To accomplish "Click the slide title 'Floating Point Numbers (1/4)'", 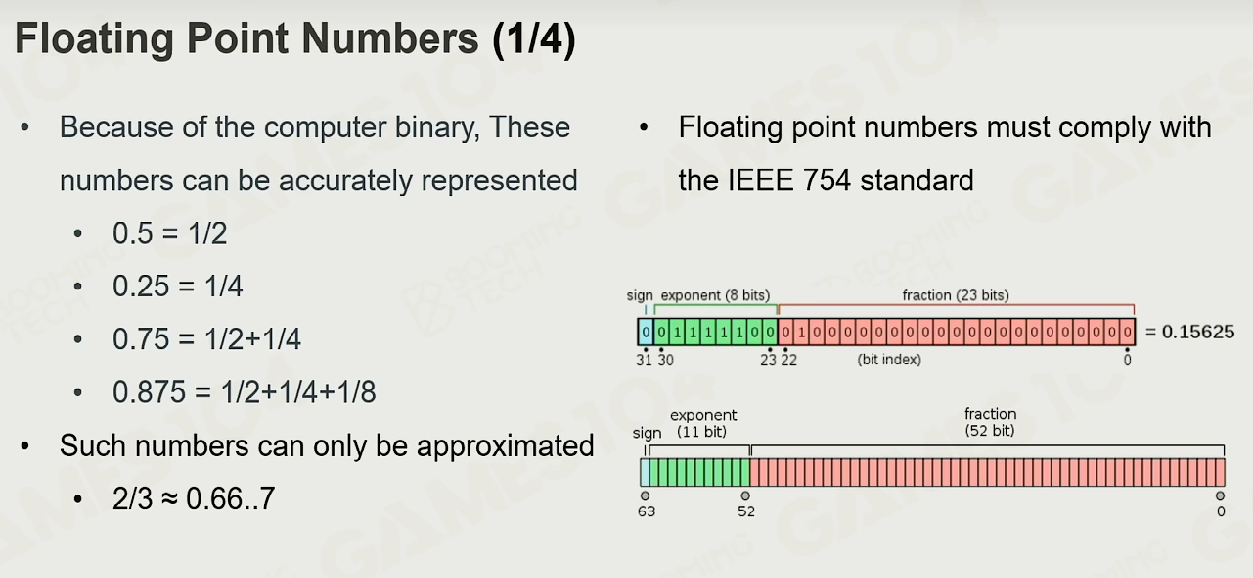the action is [x=295, y=38].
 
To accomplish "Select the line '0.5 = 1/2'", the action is [x=169, y=233].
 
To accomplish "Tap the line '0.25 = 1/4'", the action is [x=177, y=286].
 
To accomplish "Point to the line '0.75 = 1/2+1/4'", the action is [x=206, y=339].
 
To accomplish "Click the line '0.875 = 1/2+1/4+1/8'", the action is [x=244, y=391].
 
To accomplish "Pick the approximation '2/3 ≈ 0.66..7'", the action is [x=194, y=498].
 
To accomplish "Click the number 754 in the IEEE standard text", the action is [x=827, y=180].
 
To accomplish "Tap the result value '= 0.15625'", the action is [x=1189, y=332].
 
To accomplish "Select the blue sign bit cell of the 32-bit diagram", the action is [x=646, y=333].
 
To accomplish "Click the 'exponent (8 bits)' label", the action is [x=715, y=295].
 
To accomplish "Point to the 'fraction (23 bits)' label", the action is [x=956, y=295].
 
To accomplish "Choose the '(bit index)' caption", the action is [x=889, y=359].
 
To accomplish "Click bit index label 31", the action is [x=644, y=360].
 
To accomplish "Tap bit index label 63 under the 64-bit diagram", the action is [x=647, y=511].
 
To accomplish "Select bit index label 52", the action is [x=746, y=511].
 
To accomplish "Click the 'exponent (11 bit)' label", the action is [x=703, y=423].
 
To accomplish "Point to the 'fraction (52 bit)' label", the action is [x=990, y=422].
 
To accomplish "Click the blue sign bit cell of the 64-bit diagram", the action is [x=645, y=472].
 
